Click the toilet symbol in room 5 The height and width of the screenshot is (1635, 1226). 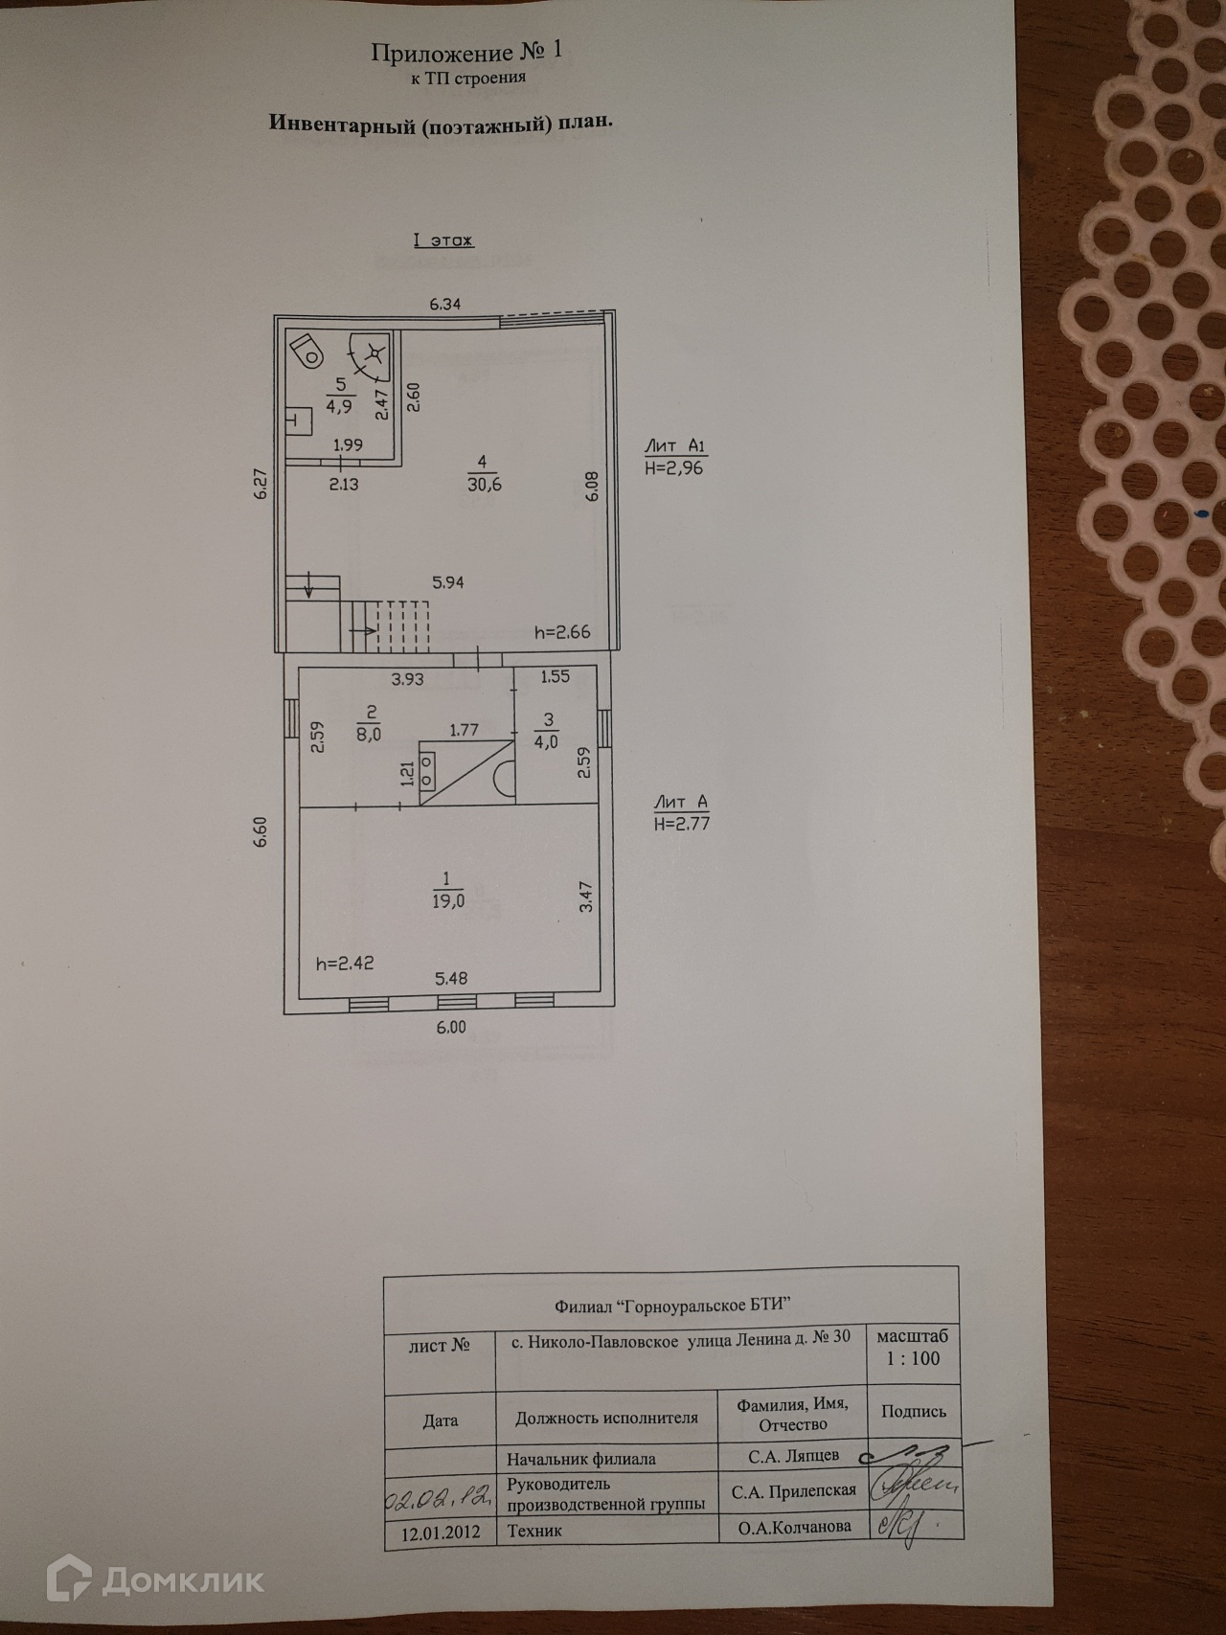(307, 350)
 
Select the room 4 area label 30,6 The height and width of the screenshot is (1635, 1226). (484, 474)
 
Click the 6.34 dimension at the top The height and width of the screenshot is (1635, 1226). (445, 305)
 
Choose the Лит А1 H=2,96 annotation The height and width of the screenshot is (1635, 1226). (675, 457)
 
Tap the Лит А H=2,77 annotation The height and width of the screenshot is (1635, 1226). (681, 812)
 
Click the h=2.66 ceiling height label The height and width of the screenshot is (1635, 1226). (562, 632)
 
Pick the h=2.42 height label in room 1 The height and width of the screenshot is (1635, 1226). (345, 963)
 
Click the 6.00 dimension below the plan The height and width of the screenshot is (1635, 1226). (450, 1027)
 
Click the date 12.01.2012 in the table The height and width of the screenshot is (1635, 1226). (440, 1532)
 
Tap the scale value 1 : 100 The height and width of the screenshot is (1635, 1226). (913, 1358)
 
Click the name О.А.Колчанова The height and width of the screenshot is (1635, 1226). (794, 1528)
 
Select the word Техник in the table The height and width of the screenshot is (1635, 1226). (534, 1531)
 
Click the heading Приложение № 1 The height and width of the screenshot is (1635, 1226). (467, 53)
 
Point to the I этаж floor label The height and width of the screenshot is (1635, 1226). (443, 240)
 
